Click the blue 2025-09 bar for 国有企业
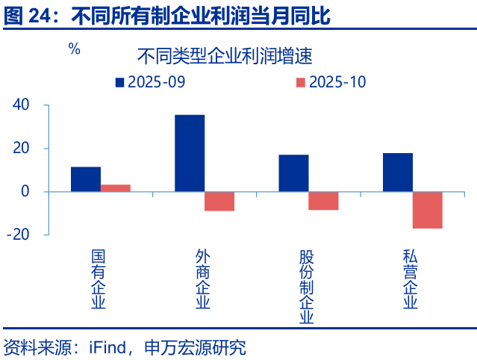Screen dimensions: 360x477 pos(86,179)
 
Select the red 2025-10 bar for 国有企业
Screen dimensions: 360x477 pos(116,188)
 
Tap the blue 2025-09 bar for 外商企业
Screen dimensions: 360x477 pos(190,153)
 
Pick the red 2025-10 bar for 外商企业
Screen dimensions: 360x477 pos(219,201)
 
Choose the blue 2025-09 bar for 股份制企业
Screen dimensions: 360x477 pos(293,173)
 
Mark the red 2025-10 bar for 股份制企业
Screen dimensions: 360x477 pos(323,200)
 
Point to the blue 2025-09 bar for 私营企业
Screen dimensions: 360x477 pos(397,173)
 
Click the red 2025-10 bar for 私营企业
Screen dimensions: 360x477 pos(427,210)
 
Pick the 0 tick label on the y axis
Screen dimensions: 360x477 pos(25,192)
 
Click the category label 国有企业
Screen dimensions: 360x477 pos(99,279)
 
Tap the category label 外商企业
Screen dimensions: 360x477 pos(202,279)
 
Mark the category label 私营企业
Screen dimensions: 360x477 pos(410,279)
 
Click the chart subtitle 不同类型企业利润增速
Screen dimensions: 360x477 pos(224,56)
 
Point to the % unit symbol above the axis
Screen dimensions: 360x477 pos(74,49)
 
